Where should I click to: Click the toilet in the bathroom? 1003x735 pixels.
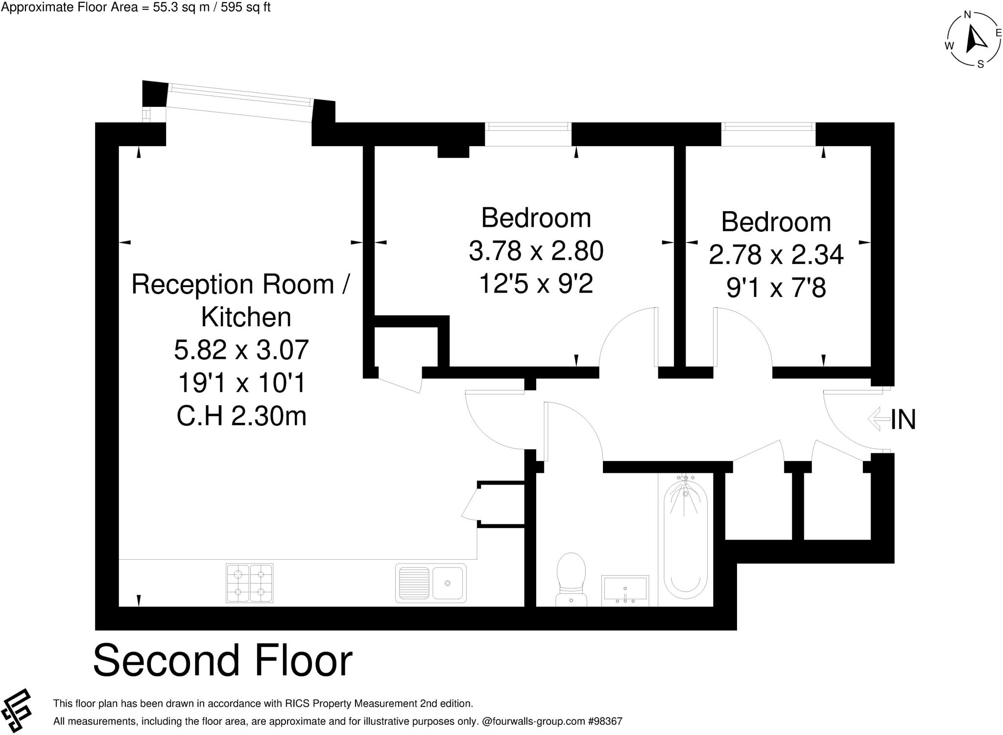pyautogui.click(x=572, y=578)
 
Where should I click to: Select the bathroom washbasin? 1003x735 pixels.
pyautogui.click(x=625, y=590)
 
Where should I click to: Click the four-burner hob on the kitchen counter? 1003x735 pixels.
pyautogui.click(x=249, y=583)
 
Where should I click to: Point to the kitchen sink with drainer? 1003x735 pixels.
pyautogui.click(x=430, y=583)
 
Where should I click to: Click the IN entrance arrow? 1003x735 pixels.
pyautogui.click(x=879, y=419)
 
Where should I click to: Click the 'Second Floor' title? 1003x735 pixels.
pyautogui.click(x=223, y=661)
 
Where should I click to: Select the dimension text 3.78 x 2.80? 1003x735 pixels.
pyautogui.click(x=536, y=251)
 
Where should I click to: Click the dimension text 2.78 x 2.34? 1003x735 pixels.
pyautogui.click(x=776, y=255)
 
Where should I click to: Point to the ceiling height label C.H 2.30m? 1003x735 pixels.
pyautogui.click(x=241, y=416)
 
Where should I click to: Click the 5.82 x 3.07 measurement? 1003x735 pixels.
pyautogui.click(x=241, y=350)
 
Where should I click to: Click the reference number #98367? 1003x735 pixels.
pyautogui.click(x=605, y=721)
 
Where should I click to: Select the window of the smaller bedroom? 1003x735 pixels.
pyautogui.click(x=768, y=127)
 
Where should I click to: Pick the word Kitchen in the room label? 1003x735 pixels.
pyautogui.click(x=246, y=317)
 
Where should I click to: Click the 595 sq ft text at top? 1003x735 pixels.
pyautogui.click(x=245, y=7)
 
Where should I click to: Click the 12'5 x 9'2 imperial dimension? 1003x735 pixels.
pyautogui.click(x=536, y=284)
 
